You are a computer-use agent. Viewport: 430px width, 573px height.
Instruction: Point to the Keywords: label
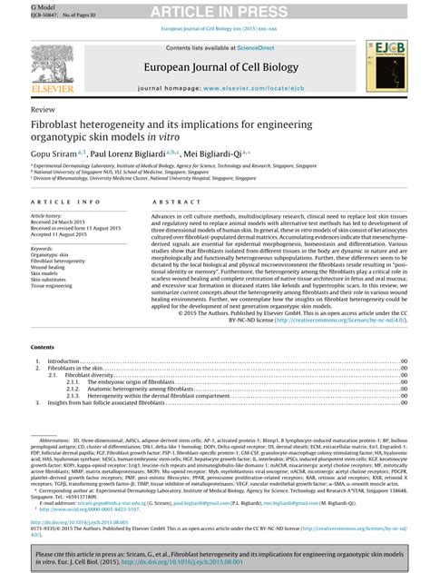coord(44,247)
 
